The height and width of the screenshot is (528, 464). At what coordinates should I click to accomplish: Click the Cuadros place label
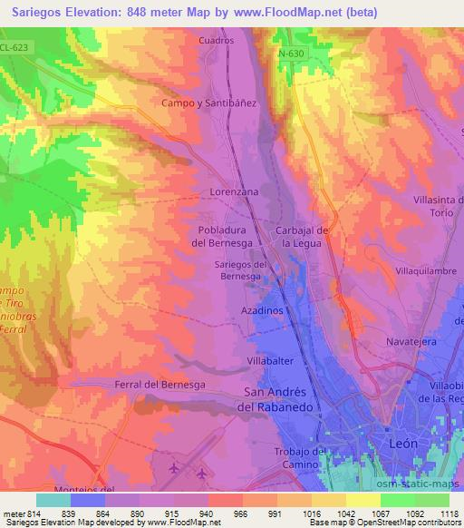click(x=216, y=41)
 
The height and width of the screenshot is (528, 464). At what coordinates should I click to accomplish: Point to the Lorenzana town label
click(x=234, y=193)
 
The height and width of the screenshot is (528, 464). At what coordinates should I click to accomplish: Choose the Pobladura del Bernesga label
click(x=227, y=236)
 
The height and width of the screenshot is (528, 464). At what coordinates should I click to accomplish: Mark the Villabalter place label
click(x=269, y=360)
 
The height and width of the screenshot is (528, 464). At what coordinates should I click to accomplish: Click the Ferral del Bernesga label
click(x=161, y=385)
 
